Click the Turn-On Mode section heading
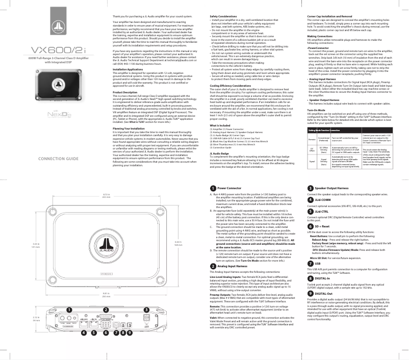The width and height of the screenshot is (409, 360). pos(318,95)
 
